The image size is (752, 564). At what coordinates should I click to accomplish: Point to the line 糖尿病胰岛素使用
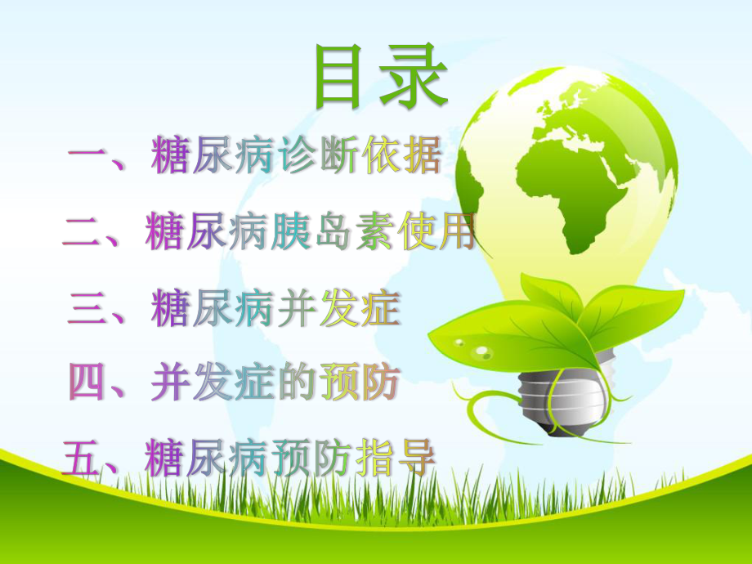311,234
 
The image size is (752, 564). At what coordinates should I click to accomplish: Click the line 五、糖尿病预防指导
249,458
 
